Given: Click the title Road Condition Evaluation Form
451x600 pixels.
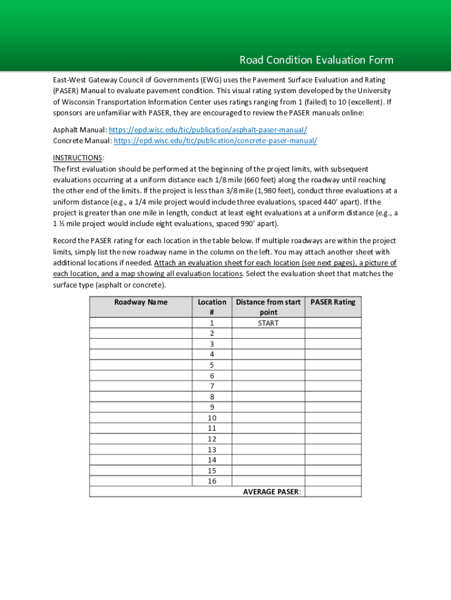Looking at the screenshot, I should tap(316, 60).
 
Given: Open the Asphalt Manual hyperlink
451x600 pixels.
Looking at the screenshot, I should tap(208, 130).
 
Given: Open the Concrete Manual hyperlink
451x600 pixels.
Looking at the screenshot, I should tap(215, 141).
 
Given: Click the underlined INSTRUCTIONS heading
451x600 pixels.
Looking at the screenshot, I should tap(78, 158).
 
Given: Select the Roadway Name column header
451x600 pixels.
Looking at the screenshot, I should tap(141, 302).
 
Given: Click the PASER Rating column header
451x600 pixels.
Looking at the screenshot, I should tap(333, 302).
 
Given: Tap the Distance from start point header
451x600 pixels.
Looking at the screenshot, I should tap(268, 307).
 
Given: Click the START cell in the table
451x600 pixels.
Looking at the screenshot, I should tap(268, 323).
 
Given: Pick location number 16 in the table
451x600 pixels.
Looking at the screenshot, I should tap(211, 481).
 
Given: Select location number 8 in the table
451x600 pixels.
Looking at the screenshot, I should tap(211, 397).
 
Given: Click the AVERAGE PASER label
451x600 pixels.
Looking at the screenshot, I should tap(272, 492).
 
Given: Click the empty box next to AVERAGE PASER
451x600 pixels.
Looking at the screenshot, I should tap(333, 492).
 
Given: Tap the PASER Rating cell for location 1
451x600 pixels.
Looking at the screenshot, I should tap(333, 323).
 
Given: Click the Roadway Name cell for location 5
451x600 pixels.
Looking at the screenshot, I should tap(141, 365).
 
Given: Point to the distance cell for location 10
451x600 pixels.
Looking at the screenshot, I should tap(268, 418).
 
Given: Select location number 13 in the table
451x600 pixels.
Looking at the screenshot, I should tap(211, 449).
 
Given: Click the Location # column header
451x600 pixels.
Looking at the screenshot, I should tap(211, 307).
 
